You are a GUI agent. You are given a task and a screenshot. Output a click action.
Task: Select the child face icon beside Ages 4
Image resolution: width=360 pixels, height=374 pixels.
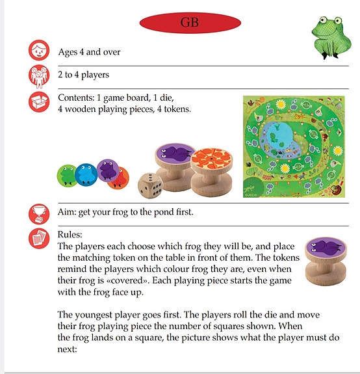coord(39,51)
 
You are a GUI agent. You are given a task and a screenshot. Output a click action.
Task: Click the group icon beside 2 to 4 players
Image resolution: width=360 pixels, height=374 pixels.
coord(39,76)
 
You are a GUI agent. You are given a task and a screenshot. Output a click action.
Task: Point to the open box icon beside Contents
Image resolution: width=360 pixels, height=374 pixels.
coord(39,102)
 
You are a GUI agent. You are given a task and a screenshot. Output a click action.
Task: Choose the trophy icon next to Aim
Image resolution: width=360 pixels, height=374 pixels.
coord(39,213)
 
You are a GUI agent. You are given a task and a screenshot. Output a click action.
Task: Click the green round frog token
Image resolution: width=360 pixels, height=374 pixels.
coord(67,174)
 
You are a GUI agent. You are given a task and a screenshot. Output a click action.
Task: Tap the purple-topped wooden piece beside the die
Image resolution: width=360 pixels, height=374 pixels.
coord(174,167)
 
